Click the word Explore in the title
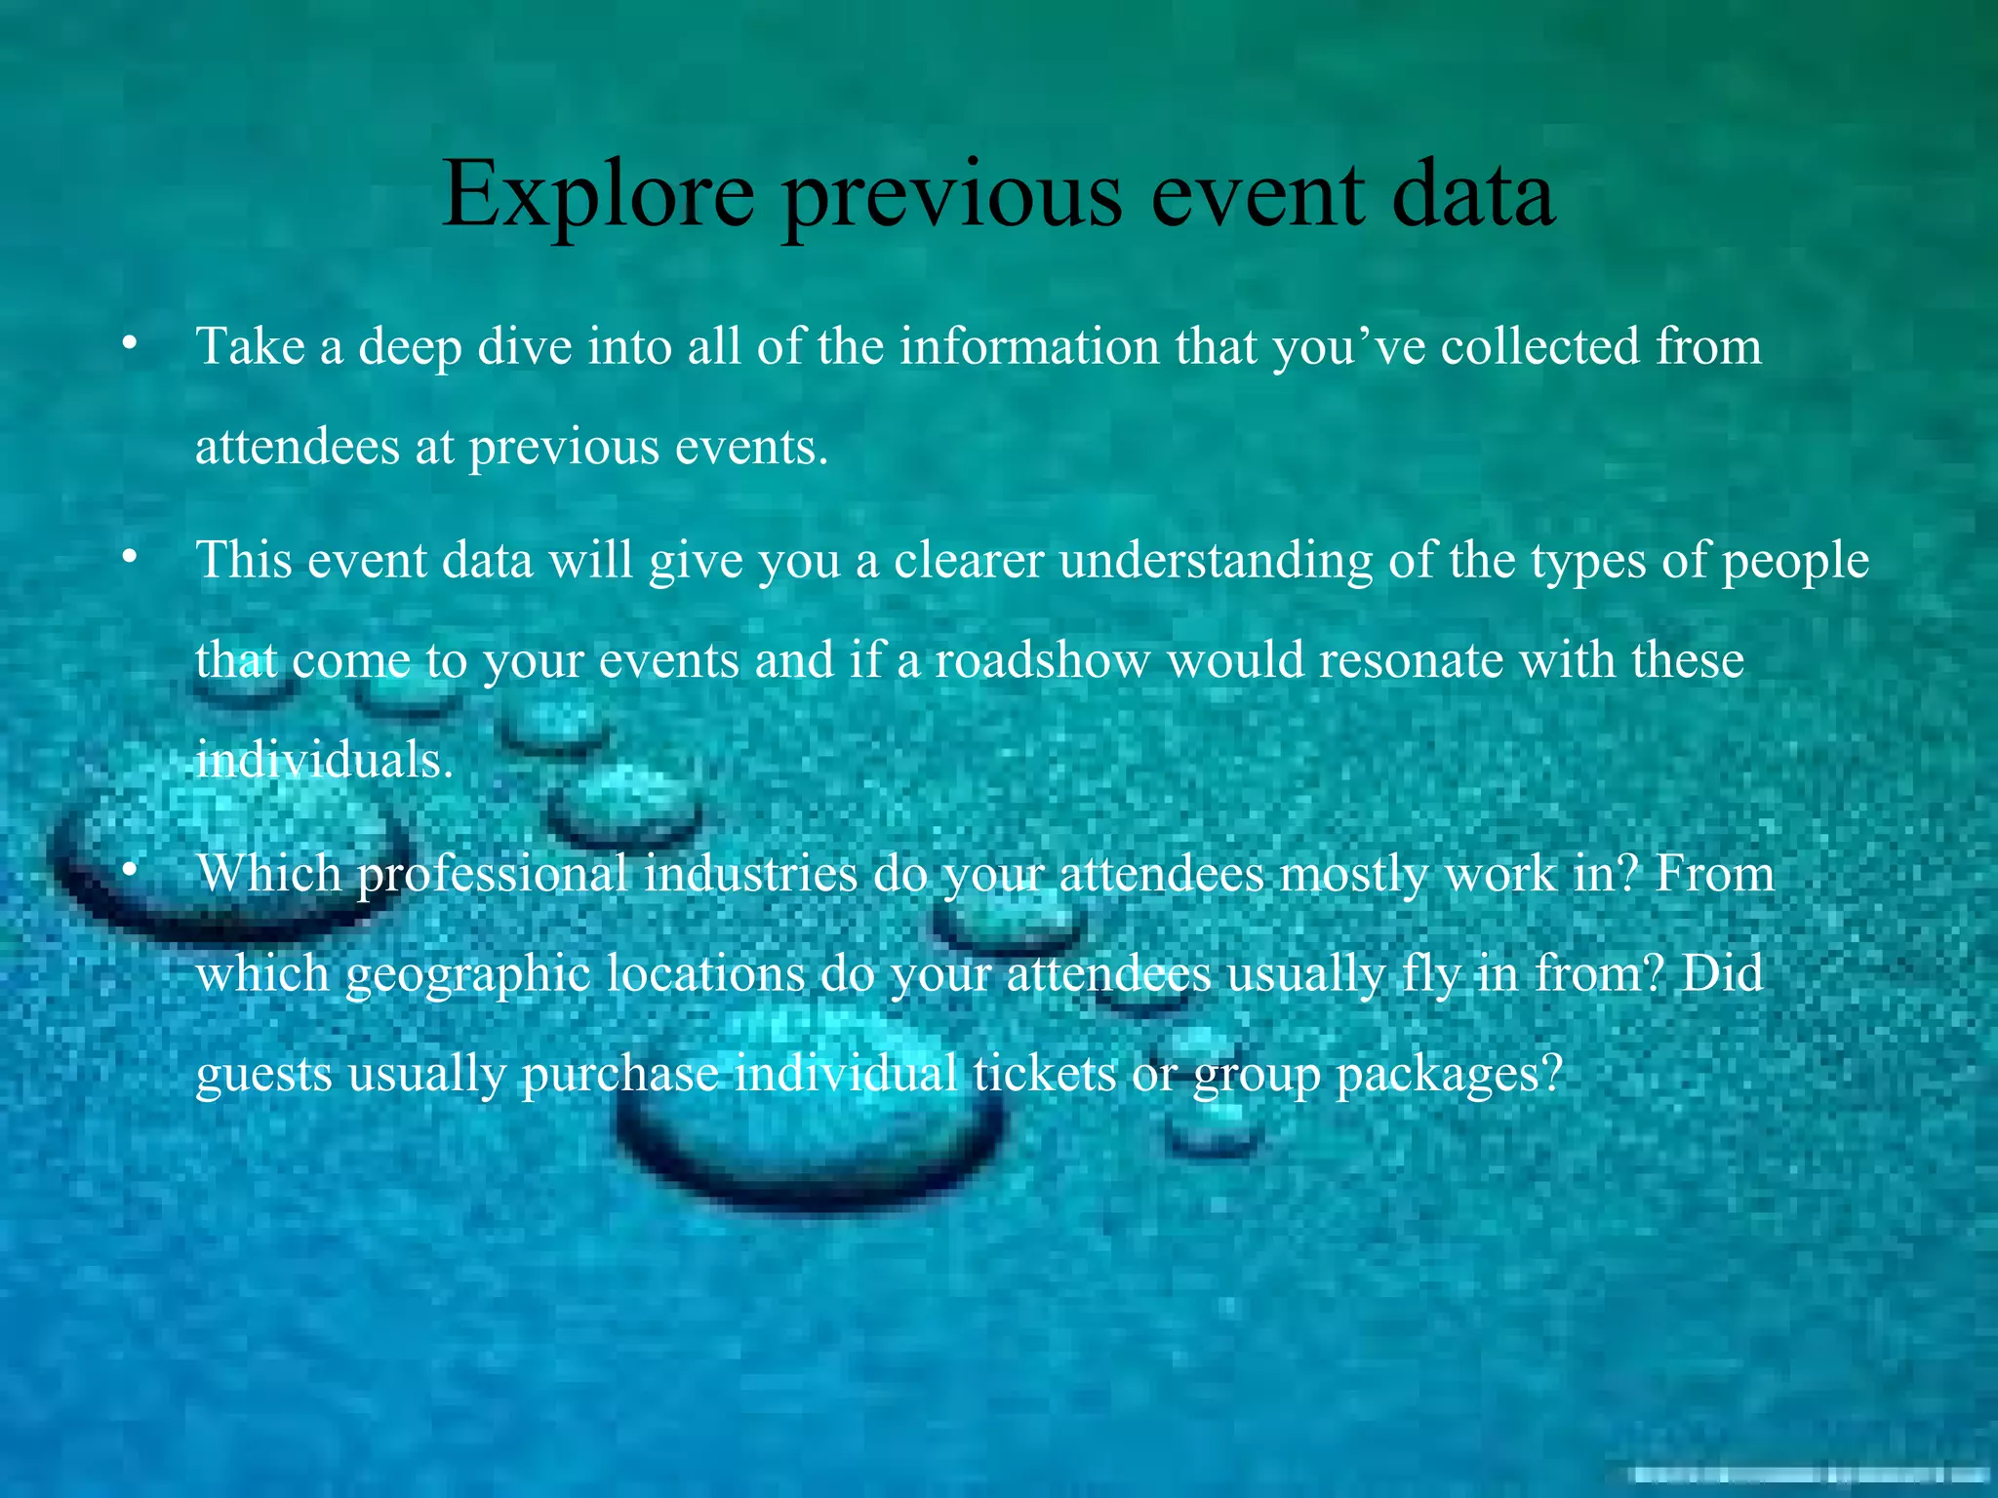[x=598, y=195]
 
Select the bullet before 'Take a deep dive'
[x=129, y=343]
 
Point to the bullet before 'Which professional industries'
[x=129, y=870]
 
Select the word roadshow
[x=1042, y=660]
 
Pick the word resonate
[x=1411, y=660]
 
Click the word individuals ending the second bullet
[x=324, y=760]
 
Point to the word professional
[x=492, y=875]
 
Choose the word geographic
[x=467, y=975]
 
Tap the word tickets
[x=1044, y=1075]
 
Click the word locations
[x=705, y=973]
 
